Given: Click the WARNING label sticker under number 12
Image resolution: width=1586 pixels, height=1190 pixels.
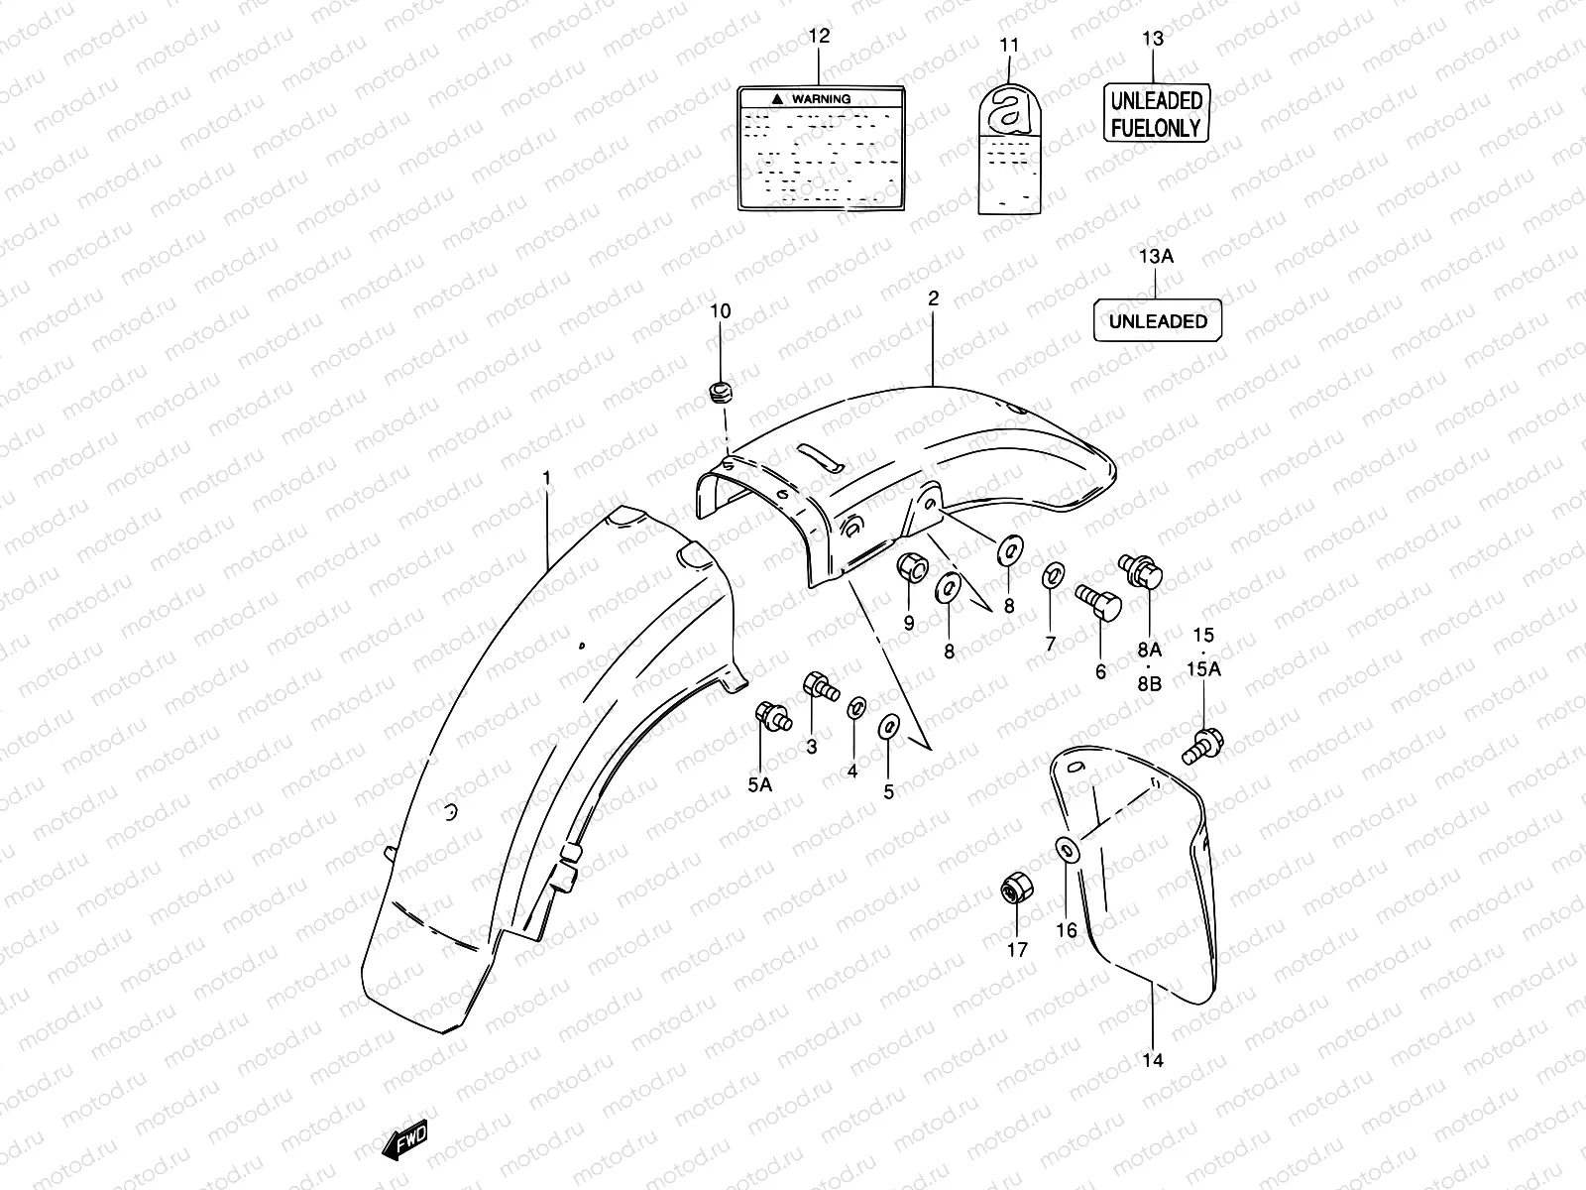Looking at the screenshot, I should pyautogui.click(x=821, y=147).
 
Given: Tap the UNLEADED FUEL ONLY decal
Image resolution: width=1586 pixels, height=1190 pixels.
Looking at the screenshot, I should pyautogui.click(x=1156, y=113).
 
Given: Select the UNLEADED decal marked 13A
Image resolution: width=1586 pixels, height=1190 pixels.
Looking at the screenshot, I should pyautogui.click(x=1157, y=321).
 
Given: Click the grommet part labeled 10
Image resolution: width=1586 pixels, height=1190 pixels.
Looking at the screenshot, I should pyautogui.click(x=720, y=393).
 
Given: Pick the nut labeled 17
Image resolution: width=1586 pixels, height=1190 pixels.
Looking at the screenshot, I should pyautogui.click(x=1014, y=890).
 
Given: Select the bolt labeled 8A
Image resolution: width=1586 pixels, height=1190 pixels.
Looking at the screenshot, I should pyautogui.click(x=1143, y=570).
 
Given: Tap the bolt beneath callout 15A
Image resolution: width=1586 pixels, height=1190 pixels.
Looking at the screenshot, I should pyautogui.click(x=1202, y=746).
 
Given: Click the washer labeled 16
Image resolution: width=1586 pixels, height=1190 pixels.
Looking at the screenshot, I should pyautogui.click(x=1067, y=849).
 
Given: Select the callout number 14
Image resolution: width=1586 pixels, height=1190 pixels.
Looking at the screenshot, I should pyautogui.click(x=1152, y=1059).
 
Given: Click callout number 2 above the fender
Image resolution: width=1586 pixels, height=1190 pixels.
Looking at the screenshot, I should pyautogui.click(x=933, y=298).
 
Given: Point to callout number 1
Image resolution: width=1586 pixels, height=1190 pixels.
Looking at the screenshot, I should pyautogui.click(x=546, y=479).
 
